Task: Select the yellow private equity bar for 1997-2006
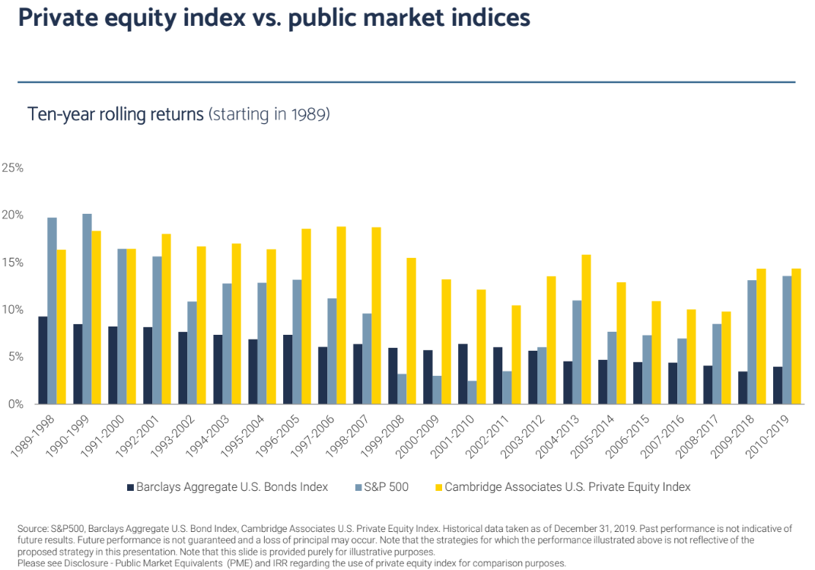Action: tap(341, 315)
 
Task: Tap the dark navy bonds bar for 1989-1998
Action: tap(43, 360)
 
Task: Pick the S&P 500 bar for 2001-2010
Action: tap(472, 393)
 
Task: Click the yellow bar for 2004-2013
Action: tap(586, 330)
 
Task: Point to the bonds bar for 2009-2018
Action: tap(743, 387)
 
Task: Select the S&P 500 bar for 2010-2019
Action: tap(787, 339)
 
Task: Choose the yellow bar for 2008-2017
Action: tap(725, 358)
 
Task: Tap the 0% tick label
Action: tap(14, 404)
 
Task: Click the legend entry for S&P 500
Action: tap(387, 487)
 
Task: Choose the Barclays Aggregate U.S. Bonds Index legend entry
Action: tap(231, 487)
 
